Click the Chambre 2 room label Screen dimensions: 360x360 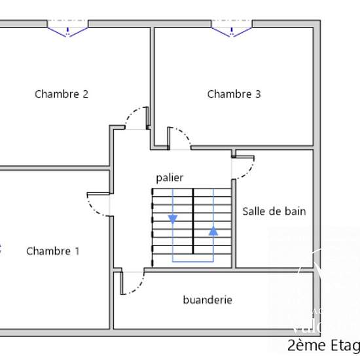click(x=62, y=94)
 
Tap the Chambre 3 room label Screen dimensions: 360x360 click(x=234, y=94)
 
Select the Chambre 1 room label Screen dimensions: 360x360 click(x=53, y=251)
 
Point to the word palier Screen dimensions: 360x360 click(x=170, y=177)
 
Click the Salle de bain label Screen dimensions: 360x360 click(x=274, y=211)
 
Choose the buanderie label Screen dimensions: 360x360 click(x=207, y=300)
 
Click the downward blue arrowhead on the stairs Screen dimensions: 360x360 click(x=173, y=219)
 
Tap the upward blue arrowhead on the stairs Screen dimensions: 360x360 click(x=213, y=230)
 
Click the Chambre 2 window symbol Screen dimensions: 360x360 click(x=67, y=29)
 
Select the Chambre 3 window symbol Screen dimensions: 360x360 click(x=232, y=29)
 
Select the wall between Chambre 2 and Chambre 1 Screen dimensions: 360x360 click(x=52, y=168)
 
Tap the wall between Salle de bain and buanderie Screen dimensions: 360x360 click(x=275, y=268)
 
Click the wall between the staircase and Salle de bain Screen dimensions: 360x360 click(x=234, y=223)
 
